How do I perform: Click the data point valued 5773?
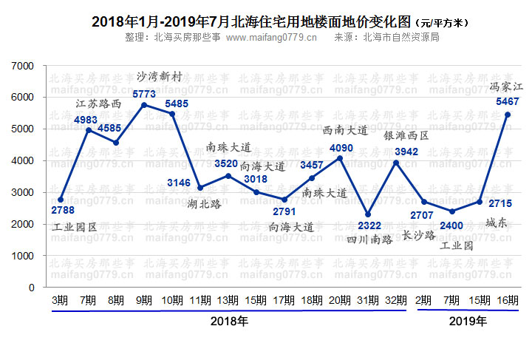[144, 105]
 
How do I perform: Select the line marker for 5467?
[508, 115]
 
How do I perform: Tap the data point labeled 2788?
[61, 199]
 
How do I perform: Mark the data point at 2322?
[368, 214]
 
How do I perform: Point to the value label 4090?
[339, 147]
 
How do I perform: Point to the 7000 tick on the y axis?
[24, 66]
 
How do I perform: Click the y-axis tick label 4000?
[24, 160]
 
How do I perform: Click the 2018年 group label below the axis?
[229, 322]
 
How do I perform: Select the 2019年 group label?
[468, 322]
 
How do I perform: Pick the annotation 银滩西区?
[406, 136]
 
